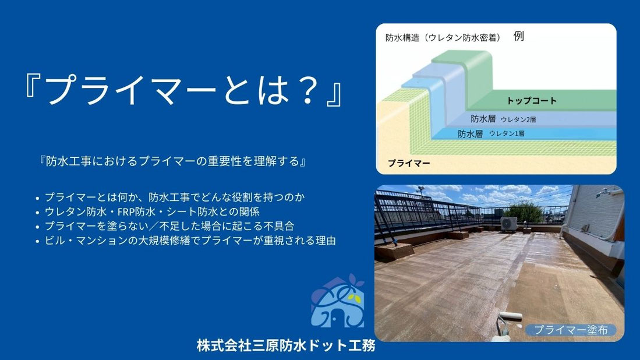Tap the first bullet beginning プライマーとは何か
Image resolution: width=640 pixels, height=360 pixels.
pyautogui.click(x=175, y=197)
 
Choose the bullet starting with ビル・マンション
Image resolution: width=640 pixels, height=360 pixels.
pyautogui.click(x=190, y=240)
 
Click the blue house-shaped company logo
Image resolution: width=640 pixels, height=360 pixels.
pyautogui.click(x=337, y=301)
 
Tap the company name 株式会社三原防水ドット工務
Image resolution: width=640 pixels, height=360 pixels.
pyautogui.click(x=286, y=345)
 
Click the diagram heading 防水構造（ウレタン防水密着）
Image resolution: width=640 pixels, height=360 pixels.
pyautogui.click(x=443, y=38)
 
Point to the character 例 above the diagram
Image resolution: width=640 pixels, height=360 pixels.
pyautogui.click(x=519, y=36)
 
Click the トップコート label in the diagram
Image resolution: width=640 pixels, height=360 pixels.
pyautogui.click(x=531, y=100)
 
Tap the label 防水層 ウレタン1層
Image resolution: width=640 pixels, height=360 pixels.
pyautogui.click(x=490, y=133)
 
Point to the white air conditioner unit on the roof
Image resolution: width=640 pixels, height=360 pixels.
pyautogui.click(x=508, y=223)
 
